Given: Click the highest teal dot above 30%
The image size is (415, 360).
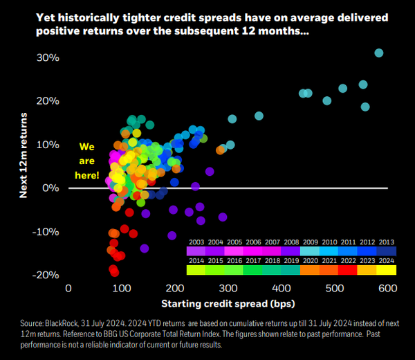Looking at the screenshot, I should (x=378, y=53).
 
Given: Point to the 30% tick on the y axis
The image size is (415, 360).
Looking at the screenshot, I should (x=48, y=57).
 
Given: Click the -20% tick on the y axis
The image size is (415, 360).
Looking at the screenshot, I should (x=46, y=275).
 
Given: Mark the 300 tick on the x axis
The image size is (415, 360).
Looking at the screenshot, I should (x=229, y=288).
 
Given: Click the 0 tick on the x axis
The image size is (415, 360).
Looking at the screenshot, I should (x=68, y=288).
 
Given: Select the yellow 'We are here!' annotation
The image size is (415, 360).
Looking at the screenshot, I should (x=86, y=161).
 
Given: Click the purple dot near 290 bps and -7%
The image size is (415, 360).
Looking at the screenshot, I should (x=223, y=217).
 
